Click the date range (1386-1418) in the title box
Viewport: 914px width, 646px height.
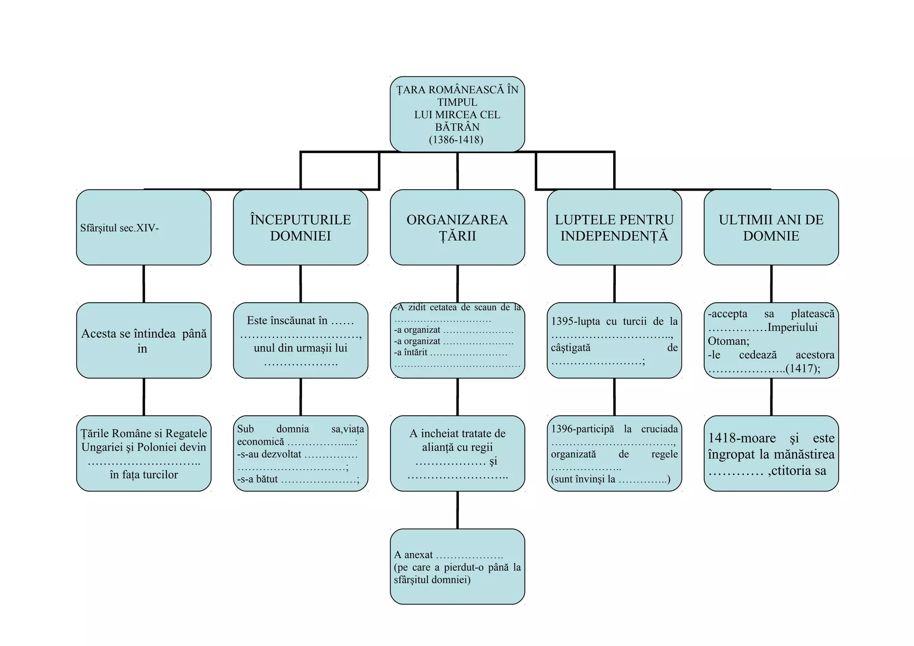coord(456,140)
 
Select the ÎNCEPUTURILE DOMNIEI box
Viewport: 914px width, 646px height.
coord(300,228)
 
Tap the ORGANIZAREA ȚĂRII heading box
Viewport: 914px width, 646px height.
coord(457,228)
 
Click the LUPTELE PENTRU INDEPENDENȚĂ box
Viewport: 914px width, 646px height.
coord(614,228)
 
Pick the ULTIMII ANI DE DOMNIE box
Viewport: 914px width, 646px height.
coord(771,228)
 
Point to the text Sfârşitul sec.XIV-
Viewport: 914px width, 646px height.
coord(120,228)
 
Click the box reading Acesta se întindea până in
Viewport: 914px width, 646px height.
coord(143,341)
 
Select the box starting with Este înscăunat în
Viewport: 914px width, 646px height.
coord(300,341)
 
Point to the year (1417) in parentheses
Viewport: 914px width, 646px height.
coord(803,368)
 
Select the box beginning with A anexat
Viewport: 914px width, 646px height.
coord(457,567)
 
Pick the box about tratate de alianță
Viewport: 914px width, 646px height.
coord(457,454)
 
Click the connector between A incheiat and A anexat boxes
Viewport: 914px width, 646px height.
coord(457,510)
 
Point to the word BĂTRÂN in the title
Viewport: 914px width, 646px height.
coord(457,127)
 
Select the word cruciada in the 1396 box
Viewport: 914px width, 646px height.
coord(659,429)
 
